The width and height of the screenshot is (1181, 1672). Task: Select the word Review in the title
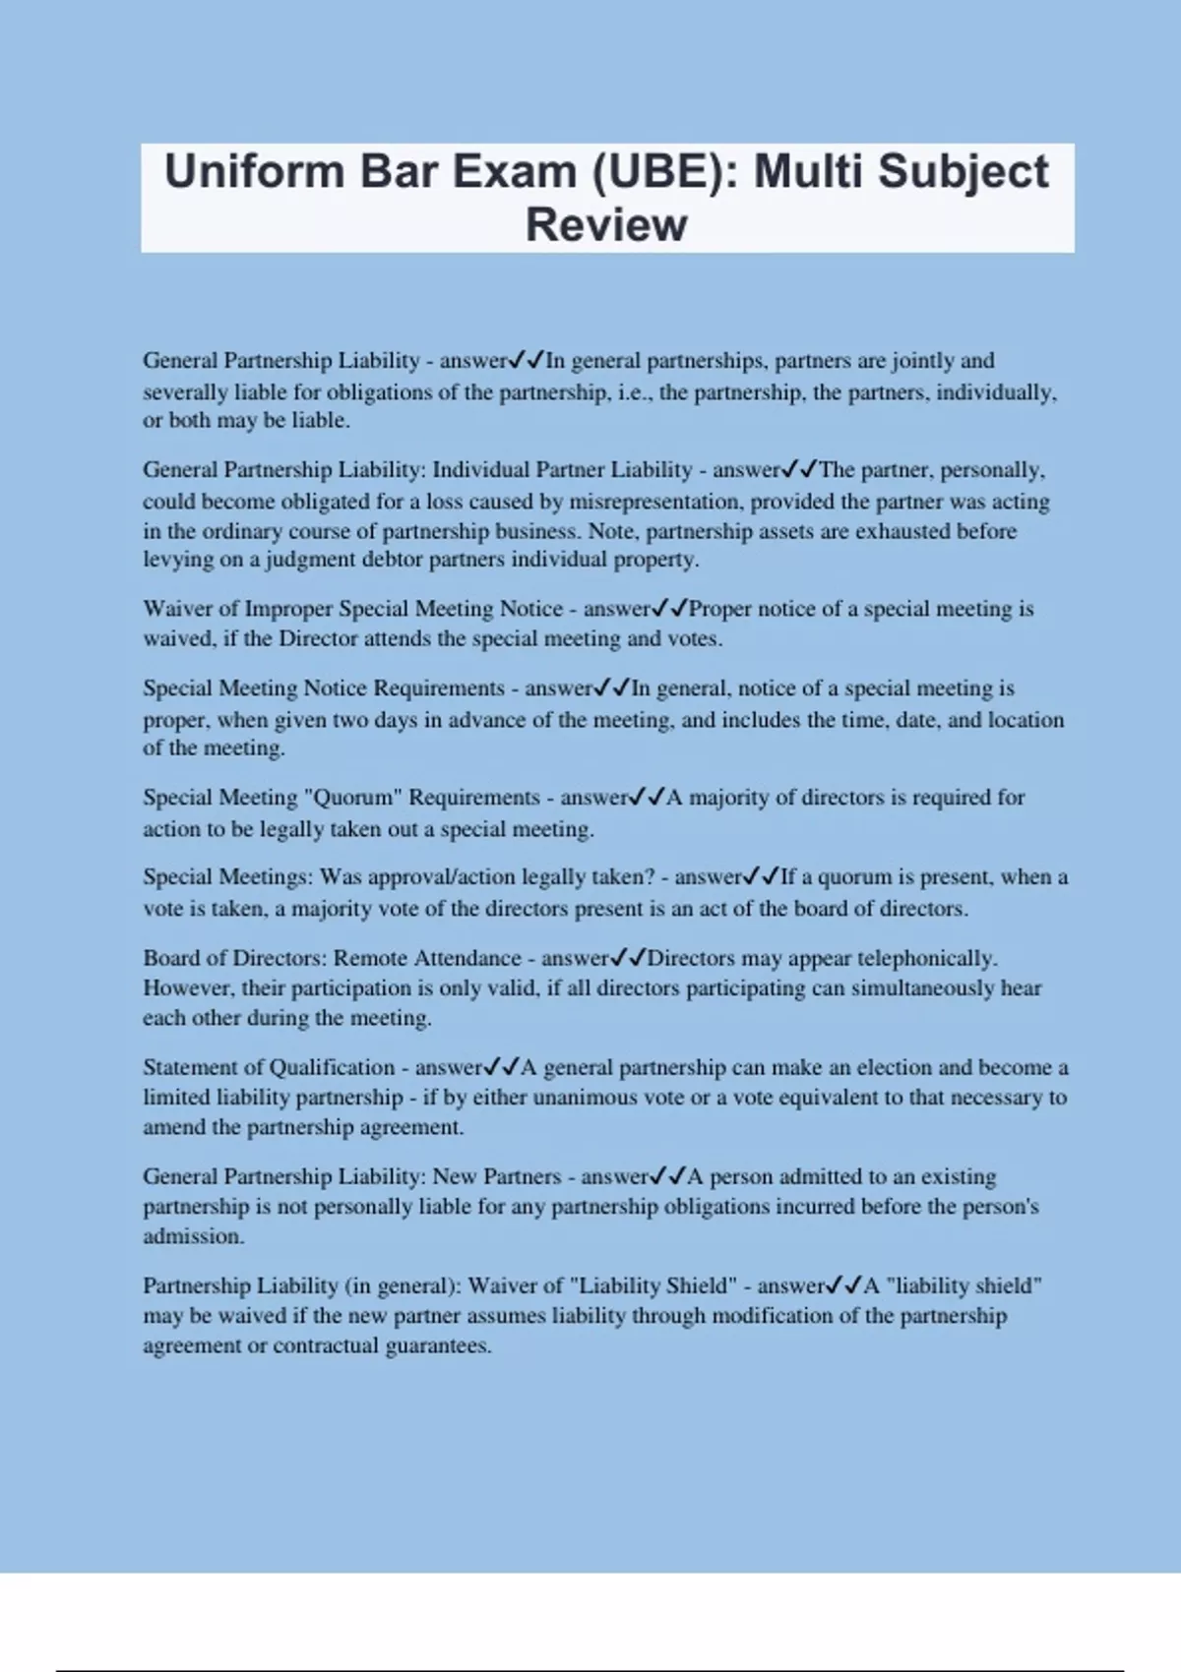(x=606, y=224)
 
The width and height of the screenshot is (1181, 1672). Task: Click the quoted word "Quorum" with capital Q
(x=352, y=798)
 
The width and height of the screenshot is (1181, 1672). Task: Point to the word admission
(x=192, y=1236)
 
